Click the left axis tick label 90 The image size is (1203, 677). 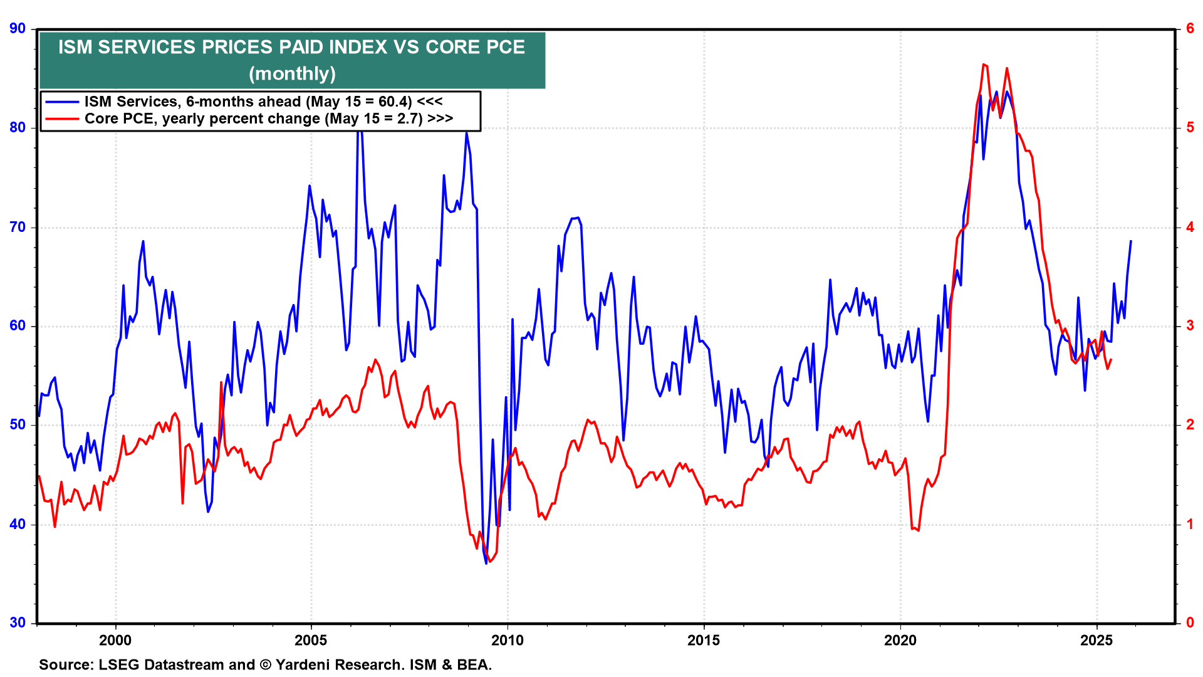pyautogui.click(x=18, y=28)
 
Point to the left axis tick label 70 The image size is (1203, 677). pyautogui.click(x=18, y=227)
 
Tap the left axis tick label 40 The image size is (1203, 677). pyautogui.click(x=18, y=524)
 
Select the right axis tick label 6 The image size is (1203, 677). pyautogui.click(x=1190, y=28)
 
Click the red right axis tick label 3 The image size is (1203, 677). pyautogui.click(x=1190, y=325)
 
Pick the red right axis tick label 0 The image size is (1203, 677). pyautogui.click(x=1190, y=622)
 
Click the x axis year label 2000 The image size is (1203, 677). pyautogui.click(x=115, y=640)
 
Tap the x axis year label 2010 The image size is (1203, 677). pyautogui.click(x=508, y=640)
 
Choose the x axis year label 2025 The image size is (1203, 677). pyautogui.click(x=1096, y=640)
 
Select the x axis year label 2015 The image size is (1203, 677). pyautogui.click(x=704, y=640)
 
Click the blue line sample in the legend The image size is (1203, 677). pyautogui.click(x=61, y=102)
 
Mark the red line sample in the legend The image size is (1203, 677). pyautogui.click(x=61, y=118)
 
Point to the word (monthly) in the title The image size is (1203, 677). pyautogui.click(x=292, y=73)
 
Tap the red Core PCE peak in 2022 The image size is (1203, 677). pyautogui.click(x=983, y=64)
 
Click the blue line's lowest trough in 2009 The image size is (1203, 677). pyautogui.click(x=486, y=564)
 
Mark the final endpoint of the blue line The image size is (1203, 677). pyautogui.click(x=1131, y=241)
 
